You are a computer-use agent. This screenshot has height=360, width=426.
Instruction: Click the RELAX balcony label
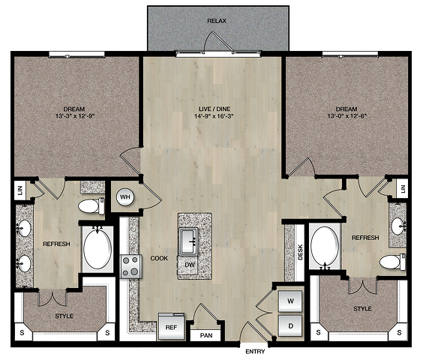(217, 21)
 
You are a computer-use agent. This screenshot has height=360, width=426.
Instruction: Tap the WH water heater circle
(125, 196)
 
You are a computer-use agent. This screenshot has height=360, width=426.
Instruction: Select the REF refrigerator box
(172, 326)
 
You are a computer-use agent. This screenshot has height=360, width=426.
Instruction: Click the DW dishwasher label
(190, 264)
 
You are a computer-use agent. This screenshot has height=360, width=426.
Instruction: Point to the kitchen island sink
(188, 241)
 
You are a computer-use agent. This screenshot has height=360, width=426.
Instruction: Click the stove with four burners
(130, 266)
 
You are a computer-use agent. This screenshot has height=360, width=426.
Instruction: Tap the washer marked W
(290, 301)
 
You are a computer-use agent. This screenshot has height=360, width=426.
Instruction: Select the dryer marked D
(290, 325)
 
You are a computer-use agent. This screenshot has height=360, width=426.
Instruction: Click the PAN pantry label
(206, 335)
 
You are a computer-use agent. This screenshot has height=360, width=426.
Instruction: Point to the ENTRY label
(255, 352)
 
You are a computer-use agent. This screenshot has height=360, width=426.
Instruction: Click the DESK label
(300, 252)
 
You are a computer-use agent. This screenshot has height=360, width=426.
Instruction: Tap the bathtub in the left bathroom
(97, 249)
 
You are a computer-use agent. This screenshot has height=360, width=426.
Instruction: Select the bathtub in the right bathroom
(325, 246)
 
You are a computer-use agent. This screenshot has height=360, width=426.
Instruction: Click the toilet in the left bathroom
(91, 206)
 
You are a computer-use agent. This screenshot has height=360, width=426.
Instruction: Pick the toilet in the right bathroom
(392, 262)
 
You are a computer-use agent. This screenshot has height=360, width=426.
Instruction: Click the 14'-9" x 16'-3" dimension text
(214, 116)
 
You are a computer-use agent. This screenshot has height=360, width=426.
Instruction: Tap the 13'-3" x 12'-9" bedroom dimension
(75, 116)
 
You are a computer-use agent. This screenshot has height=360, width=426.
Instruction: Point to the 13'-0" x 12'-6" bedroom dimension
(347, 116)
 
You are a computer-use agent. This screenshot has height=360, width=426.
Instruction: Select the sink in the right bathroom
(398, 226)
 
